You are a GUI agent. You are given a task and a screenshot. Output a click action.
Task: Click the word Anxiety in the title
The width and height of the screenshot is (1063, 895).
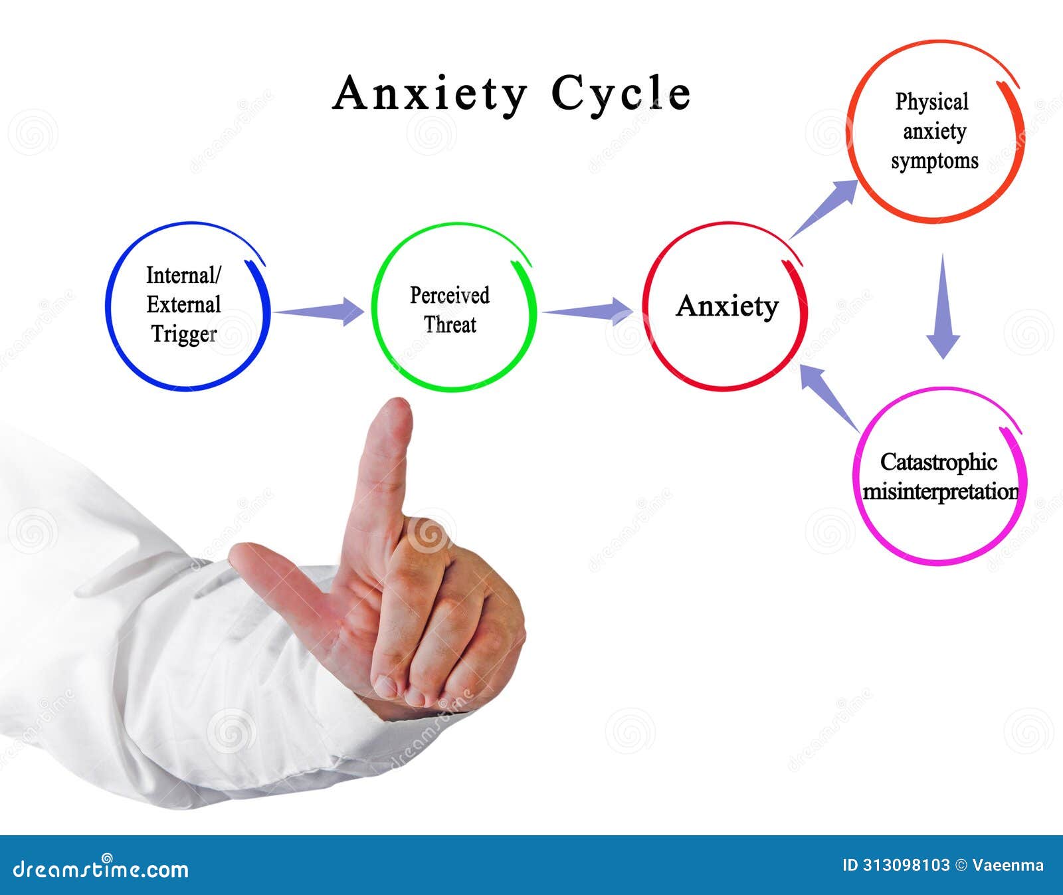429,94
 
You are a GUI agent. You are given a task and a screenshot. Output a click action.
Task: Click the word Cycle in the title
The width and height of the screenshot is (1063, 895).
621,94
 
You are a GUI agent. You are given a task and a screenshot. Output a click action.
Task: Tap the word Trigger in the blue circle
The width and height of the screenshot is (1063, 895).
184,334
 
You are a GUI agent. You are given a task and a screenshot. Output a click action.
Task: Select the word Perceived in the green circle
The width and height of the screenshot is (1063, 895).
450,295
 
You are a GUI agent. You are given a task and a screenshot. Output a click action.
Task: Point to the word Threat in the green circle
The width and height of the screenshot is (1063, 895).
450,325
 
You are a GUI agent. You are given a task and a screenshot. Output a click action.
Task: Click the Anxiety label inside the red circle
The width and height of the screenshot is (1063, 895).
727,306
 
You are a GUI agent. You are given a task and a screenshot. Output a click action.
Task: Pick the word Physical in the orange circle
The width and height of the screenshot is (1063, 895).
931,102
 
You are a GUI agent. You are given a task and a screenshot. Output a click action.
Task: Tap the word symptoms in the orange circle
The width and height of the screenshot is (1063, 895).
935,161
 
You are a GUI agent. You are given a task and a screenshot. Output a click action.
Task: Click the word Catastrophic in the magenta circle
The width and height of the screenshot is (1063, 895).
939,462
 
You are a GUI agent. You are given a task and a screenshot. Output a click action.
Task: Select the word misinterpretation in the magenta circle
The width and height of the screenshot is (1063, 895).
940,492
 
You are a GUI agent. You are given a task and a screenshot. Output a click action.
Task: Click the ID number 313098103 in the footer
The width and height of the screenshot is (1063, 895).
906,865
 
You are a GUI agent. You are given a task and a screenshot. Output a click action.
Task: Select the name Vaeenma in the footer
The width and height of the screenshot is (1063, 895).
1008,865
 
